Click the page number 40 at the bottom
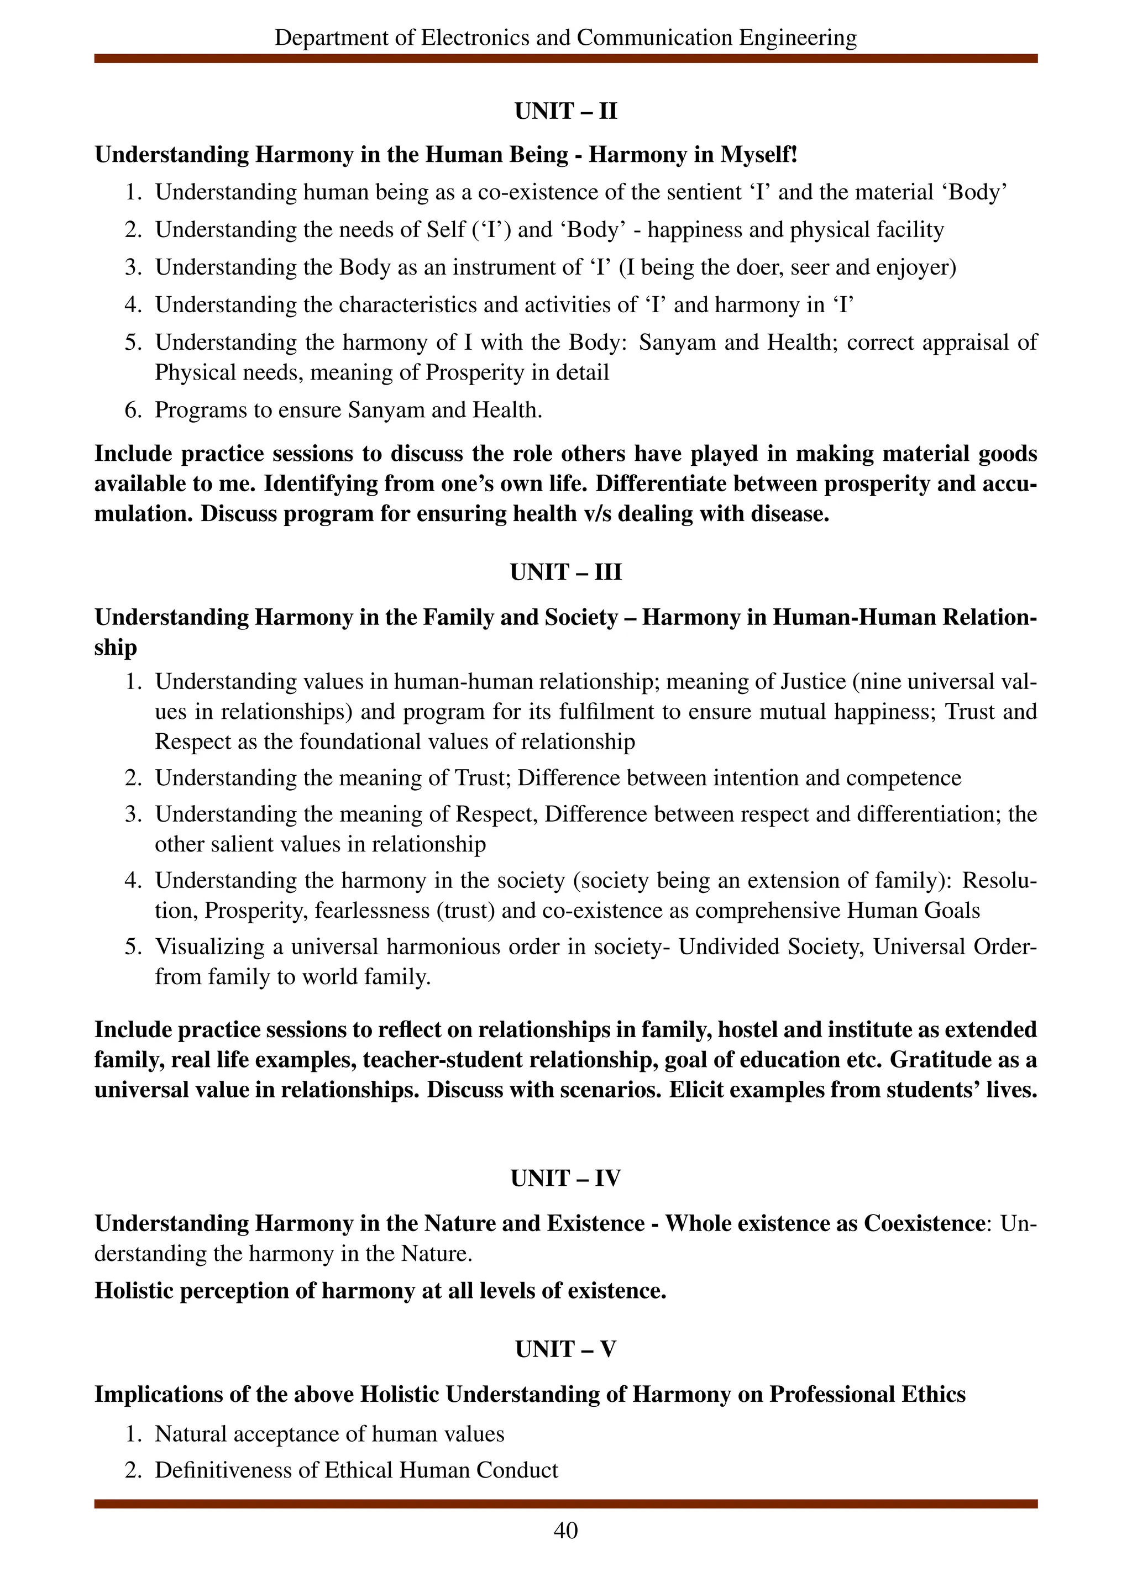tap(565, 1529)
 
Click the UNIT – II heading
tap(565, 111)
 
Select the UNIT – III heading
tap(565, 572)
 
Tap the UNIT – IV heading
tap(565, 1178)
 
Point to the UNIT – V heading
tap(565, 1349)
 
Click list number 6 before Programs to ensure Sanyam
tap(133, 409)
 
